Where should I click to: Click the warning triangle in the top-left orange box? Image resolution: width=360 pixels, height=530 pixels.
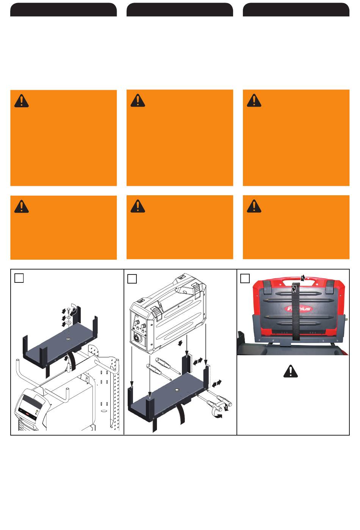22,101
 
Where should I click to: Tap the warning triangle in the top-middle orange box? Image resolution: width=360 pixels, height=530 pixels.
138,100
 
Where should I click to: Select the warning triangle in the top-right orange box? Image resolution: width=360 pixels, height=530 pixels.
254,100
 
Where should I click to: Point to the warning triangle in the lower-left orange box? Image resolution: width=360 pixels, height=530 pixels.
22,207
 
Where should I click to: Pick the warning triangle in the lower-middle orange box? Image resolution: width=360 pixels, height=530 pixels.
138,206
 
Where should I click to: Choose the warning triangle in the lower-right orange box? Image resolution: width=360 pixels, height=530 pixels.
254,206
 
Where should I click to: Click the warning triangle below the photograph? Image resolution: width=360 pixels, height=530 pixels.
291,371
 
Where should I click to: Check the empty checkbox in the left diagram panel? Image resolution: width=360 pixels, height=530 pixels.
19,278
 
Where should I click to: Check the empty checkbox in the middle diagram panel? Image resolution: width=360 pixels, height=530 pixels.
132,279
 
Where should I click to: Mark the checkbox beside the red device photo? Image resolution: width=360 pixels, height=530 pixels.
245,279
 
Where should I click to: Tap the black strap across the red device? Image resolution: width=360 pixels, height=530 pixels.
296,311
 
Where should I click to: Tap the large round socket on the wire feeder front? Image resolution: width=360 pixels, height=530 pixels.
137,337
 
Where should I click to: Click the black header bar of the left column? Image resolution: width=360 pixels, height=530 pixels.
63,9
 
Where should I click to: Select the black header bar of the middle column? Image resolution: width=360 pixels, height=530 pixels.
180,9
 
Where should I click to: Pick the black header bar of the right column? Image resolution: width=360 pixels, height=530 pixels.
296,9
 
